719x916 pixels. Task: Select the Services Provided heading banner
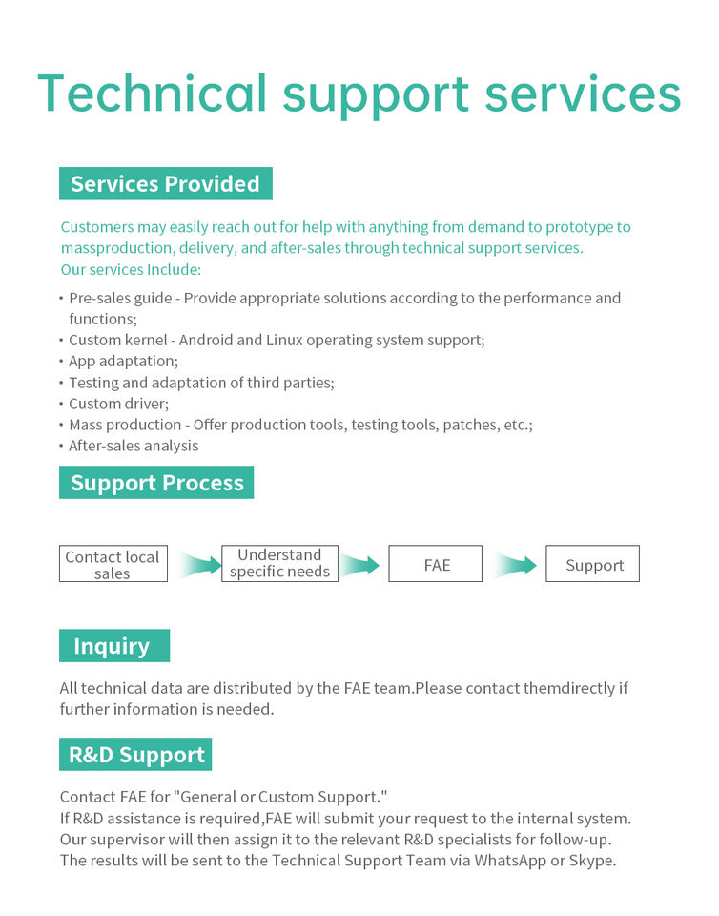(165, 183)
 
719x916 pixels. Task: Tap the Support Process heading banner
(156, 483)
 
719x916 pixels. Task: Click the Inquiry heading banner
(113, 646)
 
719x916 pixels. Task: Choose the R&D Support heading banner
(135, 755)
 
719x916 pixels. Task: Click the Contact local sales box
(113, 565)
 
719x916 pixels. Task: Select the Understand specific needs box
(279, 564)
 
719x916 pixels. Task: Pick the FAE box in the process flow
(436, 565)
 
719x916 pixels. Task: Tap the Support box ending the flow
(593, 565)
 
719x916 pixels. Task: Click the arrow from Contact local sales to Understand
(196, 565)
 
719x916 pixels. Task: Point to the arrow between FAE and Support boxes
(515, 565)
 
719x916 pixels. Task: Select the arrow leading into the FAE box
(362, 565)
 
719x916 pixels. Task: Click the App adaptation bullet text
(123, 361)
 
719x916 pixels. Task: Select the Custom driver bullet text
(118, 404)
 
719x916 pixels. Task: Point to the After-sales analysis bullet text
(134, 446)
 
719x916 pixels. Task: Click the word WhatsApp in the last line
(515, 860)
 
